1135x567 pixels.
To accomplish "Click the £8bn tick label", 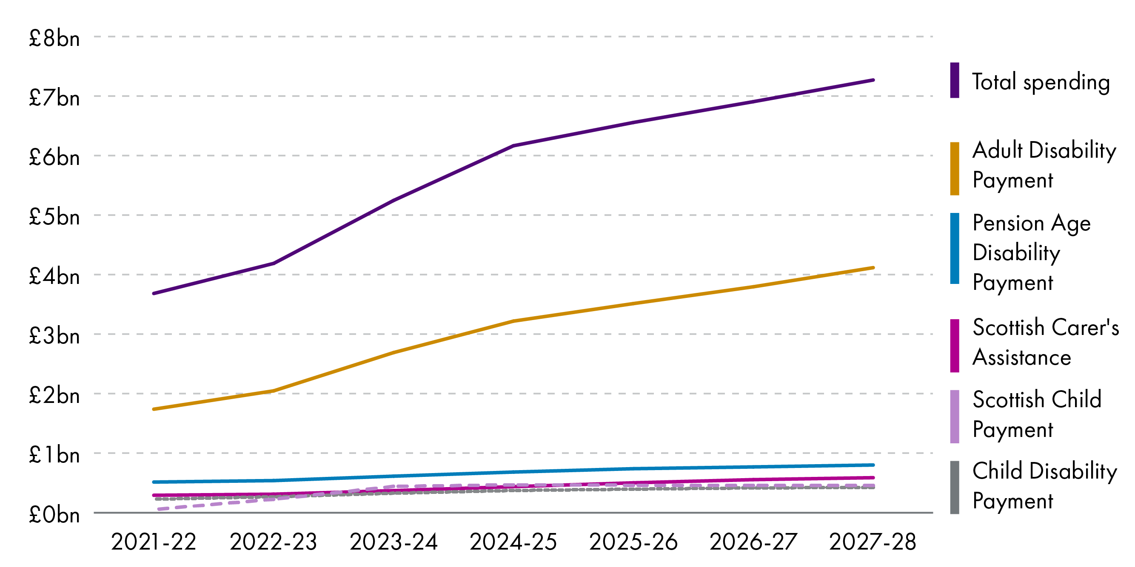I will (54, 39).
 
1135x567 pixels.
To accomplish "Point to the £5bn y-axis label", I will (54, 217).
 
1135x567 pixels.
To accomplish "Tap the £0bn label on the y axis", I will (54, 515).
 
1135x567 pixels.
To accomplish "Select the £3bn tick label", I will (54, 336).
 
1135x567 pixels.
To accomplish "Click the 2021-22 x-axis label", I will (153, 541).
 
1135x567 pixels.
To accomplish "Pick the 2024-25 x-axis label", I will (513, 541).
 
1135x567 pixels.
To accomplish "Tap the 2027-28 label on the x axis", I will (873, 541).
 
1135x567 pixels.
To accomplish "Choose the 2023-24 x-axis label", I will (394, 541).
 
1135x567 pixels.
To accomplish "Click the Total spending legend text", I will (1041, 82).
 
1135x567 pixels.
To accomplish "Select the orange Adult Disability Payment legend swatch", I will (954, 168).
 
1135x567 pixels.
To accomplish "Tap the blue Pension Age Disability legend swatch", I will (954, 248).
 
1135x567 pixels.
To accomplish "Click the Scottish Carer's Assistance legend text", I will (1045, 343).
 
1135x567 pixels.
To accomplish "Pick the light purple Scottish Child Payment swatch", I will (954, 416).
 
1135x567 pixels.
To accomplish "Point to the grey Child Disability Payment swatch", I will (954, 487).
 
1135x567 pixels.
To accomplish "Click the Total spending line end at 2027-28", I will (873, 80).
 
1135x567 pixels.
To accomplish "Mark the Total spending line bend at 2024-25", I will (514, 145).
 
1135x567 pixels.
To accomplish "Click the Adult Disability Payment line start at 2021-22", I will (154, 409).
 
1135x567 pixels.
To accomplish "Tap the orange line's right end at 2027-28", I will (873, 268).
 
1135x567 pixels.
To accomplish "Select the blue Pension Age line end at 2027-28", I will (873, 465).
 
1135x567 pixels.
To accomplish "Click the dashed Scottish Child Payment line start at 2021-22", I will (159, 509).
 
